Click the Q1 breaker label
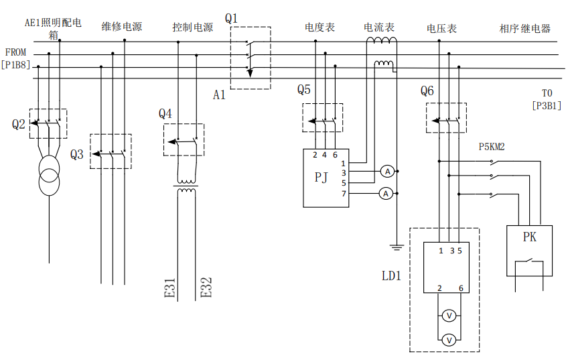(232, 18)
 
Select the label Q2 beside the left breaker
(18, 124)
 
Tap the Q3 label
(77, 154)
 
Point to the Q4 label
(165, 113)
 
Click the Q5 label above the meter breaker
(304, 90)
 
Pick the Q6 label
(427, 91)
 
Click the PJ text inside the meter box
(322, 177)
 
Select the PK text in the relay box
(529, 237)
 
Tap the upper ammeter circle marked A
(386, 172)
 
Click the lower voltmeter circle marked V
(450, 341)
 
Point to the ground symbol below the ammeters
(397, 248)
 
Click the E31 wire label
(170, 287)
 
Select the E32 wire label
(206, 287)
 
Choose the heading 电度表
(320, 27)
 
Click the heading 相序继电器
(524, 29)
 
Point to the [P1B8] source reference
(15, 65)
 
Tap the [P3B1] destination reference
(546, 105)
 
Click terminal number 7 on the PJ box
(344, 194)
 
